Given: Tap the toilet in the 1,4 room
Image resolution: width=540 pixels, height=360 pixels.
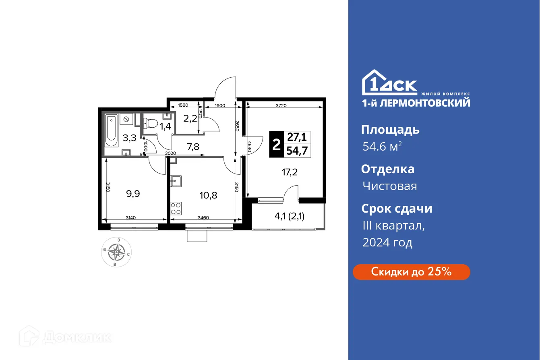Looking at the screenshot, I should (x=151, y=122).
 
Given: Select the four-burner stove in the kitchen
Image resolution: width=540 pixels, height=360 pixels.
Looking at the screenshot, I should (x=176, y=208).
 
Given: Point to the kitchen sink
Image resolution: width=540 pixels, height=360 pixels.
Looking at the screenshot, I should (x=176, y=181).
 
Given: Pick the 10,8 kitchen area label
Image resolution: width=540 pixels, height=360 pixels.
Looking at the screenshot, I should (x=209, y=195).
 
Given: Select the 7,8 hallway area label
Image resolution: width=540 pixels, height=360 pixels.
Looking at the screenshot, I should (x=193, y=147).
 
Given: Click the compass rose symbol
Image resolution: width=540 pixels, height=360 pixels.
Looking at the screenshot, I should (x=116, y=252).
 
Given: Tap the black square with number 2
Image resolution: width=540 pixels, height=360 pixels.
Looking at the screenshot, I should (x=276, y=144).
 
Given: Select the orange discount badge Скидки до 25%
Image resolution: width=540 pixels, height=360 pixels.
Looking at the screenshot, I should (x=411, y=272).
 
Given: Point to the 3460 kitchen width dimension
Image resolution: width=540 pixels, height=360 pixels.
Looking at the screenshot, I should (x=204, y=218).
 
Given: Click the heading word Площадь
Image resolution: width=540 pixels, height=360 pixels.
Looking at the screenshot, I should (x=390, y=130).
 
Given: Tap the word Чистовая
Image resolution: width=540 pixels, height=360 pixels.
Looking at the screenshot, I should (x=389, y=186).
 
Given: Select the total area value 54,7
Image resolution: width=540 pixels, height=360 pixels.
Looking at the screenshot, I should (x=296, y=151).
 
